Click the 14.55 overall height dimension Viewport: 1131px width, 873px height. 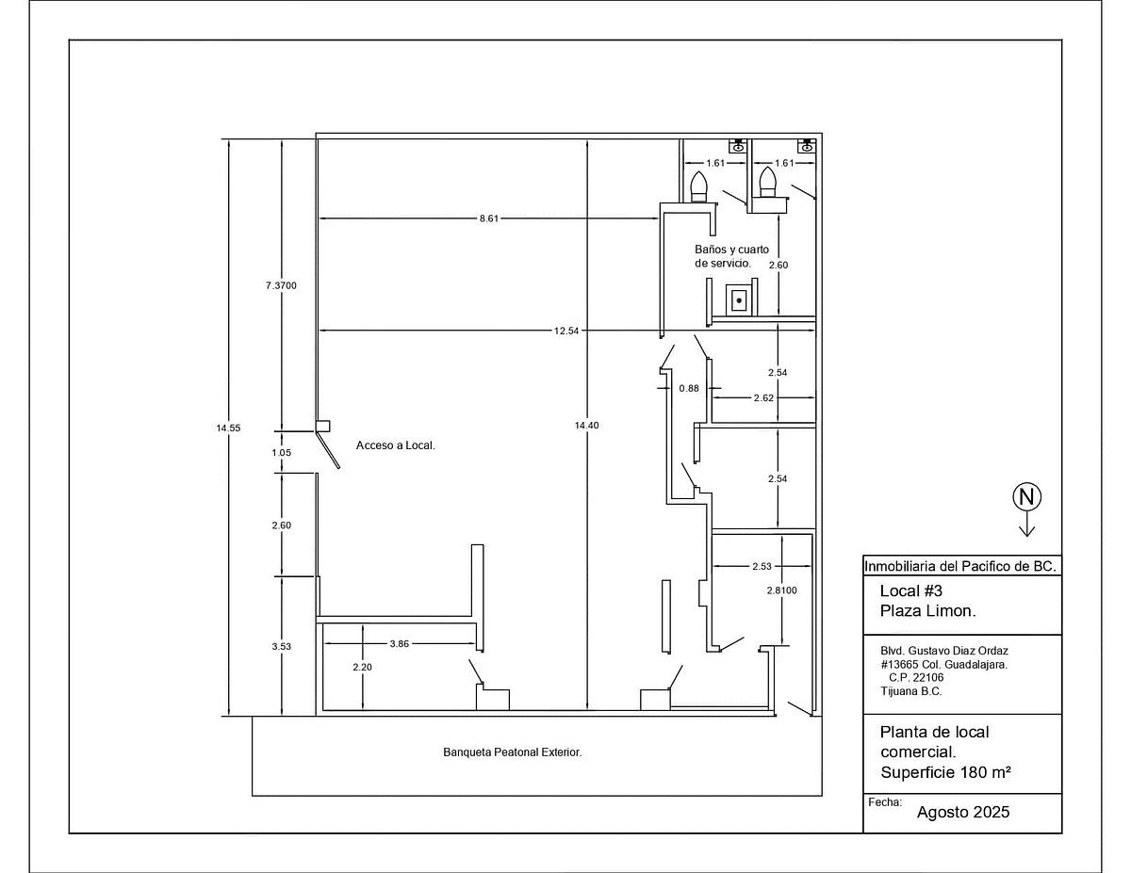click(x=228, y=428)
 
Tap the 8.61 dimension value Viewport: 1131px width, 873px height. click(x=489, y=218)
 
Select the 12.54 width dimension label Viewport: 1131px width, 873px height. click(x=566, y=331)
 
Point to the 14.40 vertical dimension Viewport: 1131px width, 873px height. click(x=586, y=425)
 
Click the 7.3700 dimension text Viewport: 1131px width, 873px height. click(x=281, y=285)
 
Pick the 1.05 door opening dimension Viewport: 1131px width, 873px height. click(x=281, y=452)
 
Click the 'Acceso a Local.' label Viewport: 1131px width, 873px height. click(x=396, y=445)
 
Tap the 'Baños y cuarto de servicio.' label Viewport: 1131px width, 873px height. click(x=731, y=256)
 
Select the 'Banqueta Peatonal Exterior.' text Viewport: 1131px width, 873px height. click(x=512, y=752)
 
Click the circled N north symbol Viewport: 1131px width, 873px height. click(x=1026, y=497)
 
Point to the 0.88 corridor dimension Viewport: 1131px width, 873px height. click(x=689, y=388)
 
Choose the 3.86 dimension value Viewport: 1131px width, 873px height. click(x=400, y=643)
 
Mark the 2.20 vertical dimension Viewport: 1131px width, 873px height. click(x=362, y=667)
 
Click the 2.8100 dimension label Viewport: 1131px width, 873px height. click(x=781, y=590)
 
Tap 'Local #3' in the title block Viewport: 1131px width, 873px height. click(x=911, y=590)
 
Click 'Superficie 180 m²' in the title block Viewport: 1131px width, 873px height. click(x=945, y=772)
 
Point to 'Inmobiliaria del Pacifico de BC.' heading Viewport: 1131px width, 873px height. click(x=960, y=566)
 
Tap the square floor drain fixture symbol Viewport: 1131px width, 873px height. click(x=739, y=300)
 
